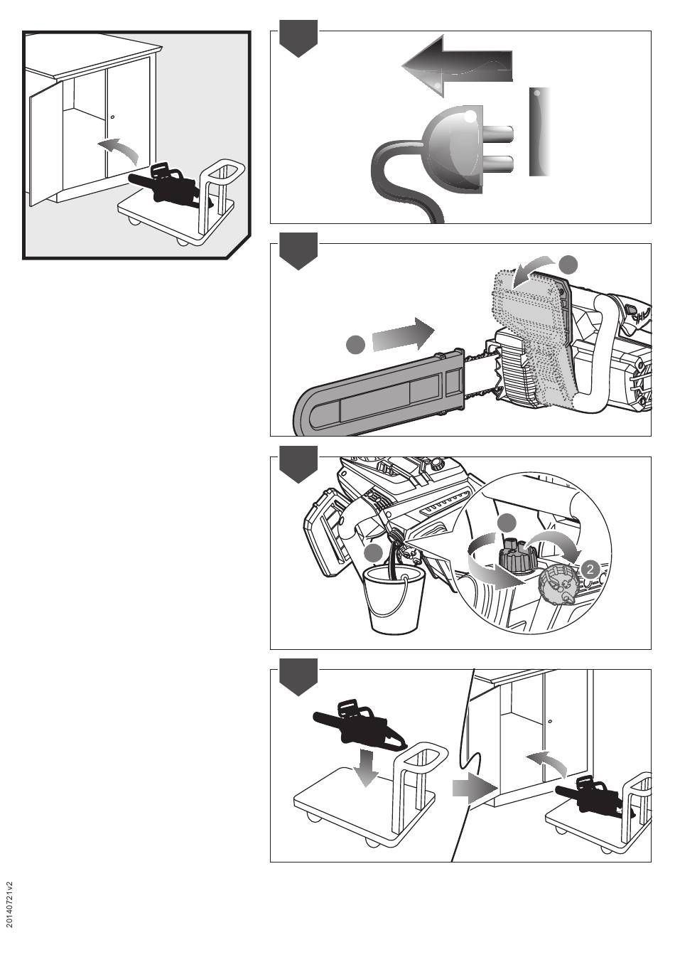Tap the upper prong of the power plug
497,133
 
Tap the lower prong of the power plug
497,164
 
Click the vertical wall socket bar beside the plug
539,132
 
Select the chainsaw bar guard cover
379,393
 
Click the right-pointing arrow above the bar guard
403,333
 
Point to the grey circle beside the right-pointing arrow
356,345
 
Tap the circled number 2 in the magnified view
590,569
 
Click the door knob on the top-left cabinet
112,117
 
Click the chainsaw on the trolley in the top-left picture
170,186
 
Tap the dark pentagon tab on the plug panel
298,38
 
